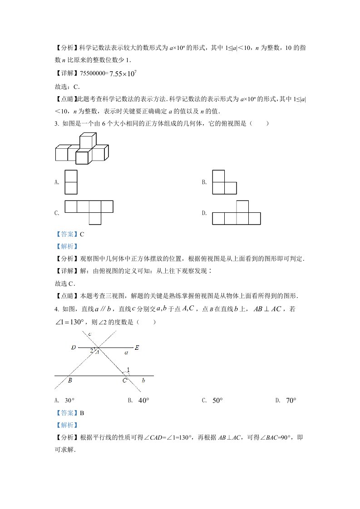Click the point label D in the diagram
pos(73,347)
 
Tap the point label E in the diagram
pos(137,347)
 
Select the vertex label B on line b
pos(70,381)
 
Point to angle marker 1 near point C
pos(128,370)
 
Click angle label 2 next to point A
pos(92,350)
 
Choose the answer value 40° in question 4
pos(143,401)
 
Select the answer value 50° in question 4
pos(217,401)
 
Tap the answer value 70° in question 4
pos(291,401)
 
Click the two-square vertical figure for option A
pos(71,182)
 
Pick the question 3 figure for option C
pos(89,211)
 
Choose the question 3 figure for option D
pos(236,213)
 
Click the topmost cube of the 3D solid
pos(88,141)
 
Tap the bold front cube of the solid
pos(82,157)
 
